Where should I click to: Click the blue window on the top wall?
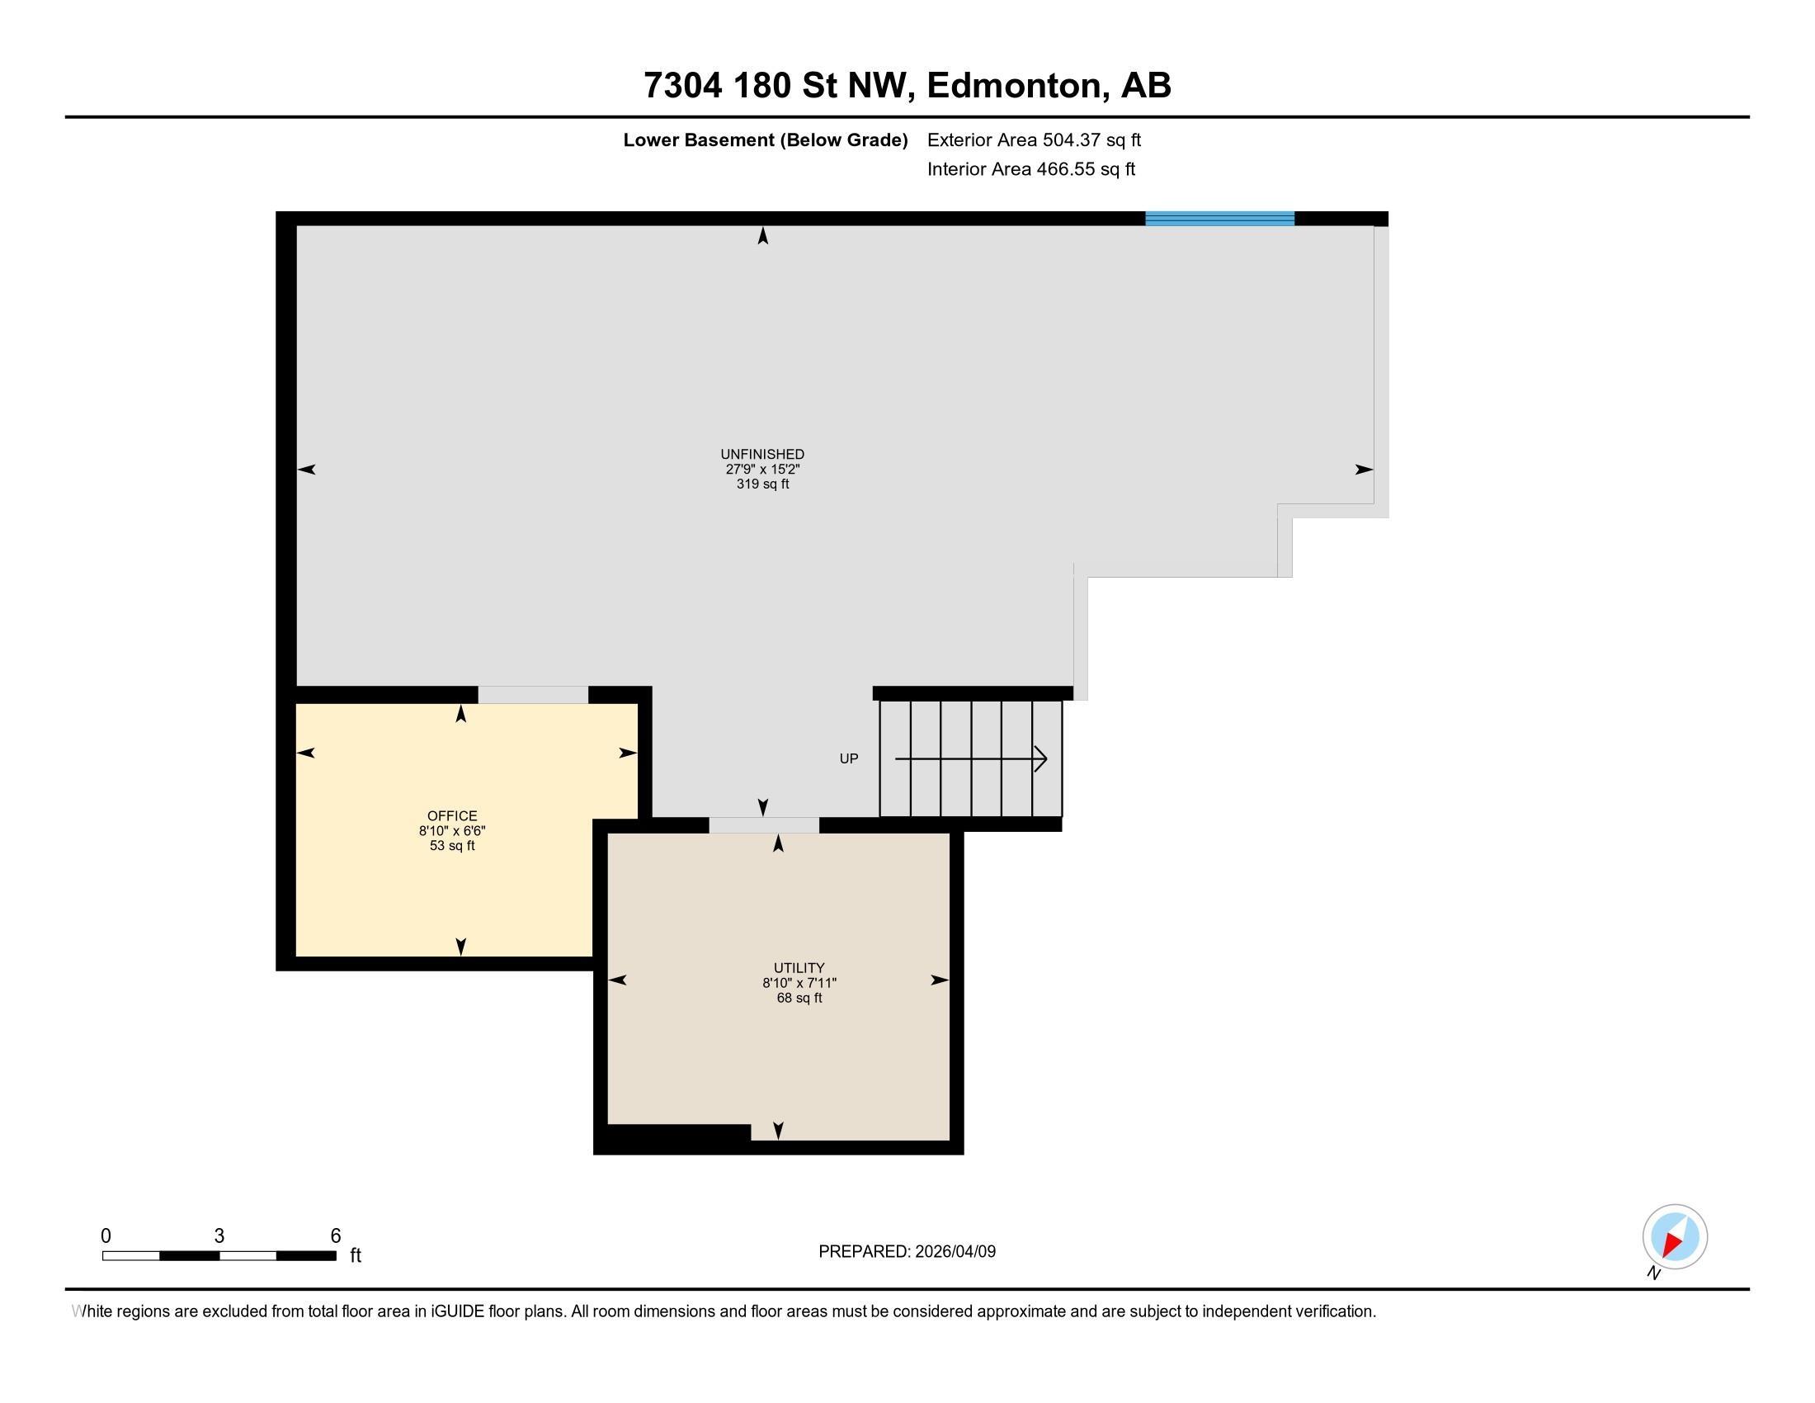(1219, 219)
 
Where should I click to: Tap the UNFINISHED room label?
(762, 455)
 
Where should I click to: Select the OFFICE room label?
(452, 816)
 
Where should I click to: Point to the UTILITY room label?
(799, 968)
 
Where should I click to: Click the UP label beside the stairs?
(848, 758)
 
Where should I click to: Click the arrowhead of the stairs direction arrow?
(1040, 758)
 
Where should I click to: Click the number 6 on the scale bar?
(336, 1236)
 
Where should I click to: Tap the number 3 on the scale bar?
(219, 1236)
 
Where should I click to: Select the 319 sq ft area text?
(762, 484)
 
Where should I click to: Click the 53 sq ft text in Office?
(452, 846)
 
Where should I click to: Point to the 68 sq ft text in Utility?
(799, 999)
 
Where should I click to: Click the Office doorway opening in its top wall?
(533, 695)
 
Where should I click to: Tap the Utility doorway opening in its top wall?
(764, 825)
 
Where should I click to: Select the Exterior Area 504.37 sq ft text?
(1034, 140)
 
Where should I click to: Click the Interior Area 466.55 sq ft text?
(1030, 169)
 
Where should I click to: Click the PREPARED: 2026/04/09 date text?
(907, 1252)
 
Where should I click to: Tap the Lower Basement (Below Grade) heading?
(766, 140)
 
